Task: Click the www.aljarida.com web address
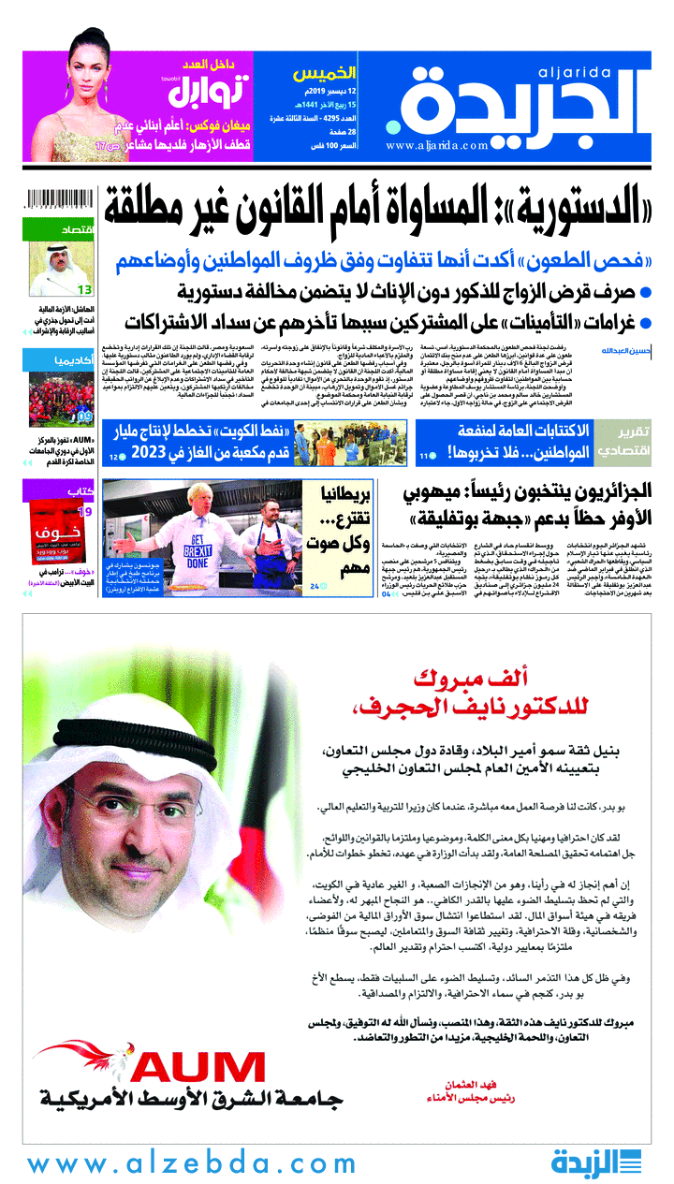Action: [436, 145]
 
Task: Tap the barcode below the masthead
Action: [58, 200]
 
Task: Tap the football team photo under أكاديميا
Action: [58, 396]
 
